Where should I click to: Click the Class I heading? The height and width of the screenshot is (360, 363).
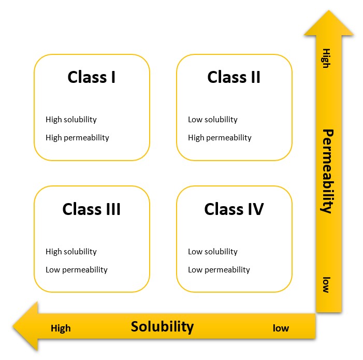(x=92, y=77)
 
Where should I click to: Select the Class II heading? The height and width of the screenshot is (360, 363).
(x=234, y=77)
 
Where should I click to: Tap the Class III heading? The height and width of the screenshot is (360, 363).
(x=92, y=209)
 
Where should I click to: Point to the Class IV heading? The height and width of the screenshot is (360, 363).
(x=234, y=209)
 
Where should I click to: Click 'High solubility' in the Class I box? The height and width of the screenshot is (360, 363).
(x=71, y=120)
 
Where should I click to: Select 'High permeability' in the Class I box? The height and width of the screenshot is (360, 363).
(x=77, y=138)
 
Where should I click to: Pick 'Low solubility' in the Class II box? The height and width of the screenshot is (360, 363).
(x=212, y=120)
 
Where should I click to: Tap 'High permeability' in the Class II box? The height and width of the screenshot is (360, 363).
(x=220, y=138)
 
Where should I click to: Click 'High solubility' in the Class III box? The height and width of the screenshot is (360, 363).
(x=71, y=252)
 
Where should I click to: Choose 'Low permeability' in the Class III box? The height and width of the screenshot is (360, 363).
(x=77, y=270)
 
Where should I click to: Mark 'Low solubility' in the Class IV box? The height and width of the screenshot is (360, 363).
(x=212, y=252)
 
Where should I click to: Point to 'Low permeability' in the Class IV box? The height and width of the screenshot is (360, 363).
(x=219, y=270)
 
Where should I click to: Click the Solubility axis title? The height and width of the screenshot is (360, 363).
(x=162, y=327)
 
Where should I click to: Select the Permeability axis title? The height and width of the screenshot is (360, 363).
(x=327, y=171)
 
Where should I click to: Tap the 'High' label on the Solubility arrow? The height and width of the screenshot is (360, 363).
(x=61, y=328)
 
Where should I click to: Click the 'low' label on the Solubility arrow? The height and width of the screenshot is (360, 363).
(x=281, y=328)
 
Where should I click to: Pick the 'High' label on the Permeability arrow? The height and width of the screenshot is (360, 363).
(x=326, y=61)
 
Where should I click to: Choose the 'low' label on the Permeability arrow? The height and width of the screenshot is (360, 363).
(x=326, y=285)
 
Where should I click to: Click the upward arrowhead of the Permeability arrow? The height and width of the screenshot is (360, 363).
(x=328, y=23)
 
